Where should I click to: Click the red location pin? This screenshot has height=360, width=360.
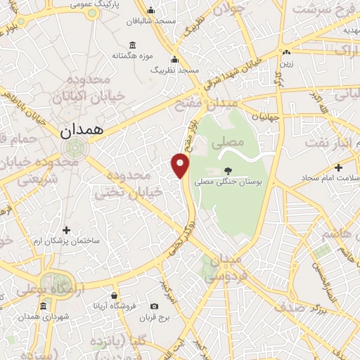pyautogui.click(x=181, y=165)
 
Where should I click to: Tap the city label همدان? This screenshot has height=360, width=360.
pyautogui.click(x=81, y=129)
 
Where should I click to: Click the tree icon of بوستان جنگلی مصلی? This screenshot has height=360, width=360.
pyautogui.click(x=227, y=170)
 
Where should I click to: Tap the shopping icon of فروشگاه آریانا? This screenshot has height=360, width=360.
pyautogui.click(x=114, y=296)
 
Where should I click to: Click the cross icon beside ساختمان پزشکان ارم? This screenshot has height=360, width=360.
pyautogui.click(x=67, y=230)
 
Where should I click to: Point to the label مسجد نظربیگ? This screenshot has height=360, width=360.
pyautogui.click(x=179, y=70)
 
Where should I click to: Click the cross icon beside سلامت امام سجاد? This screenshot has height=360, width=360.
pyautogui.click(x=339, y=168)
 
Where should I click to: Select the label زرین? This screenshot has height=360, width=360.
pyautogui.click(x=286, y=63)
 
